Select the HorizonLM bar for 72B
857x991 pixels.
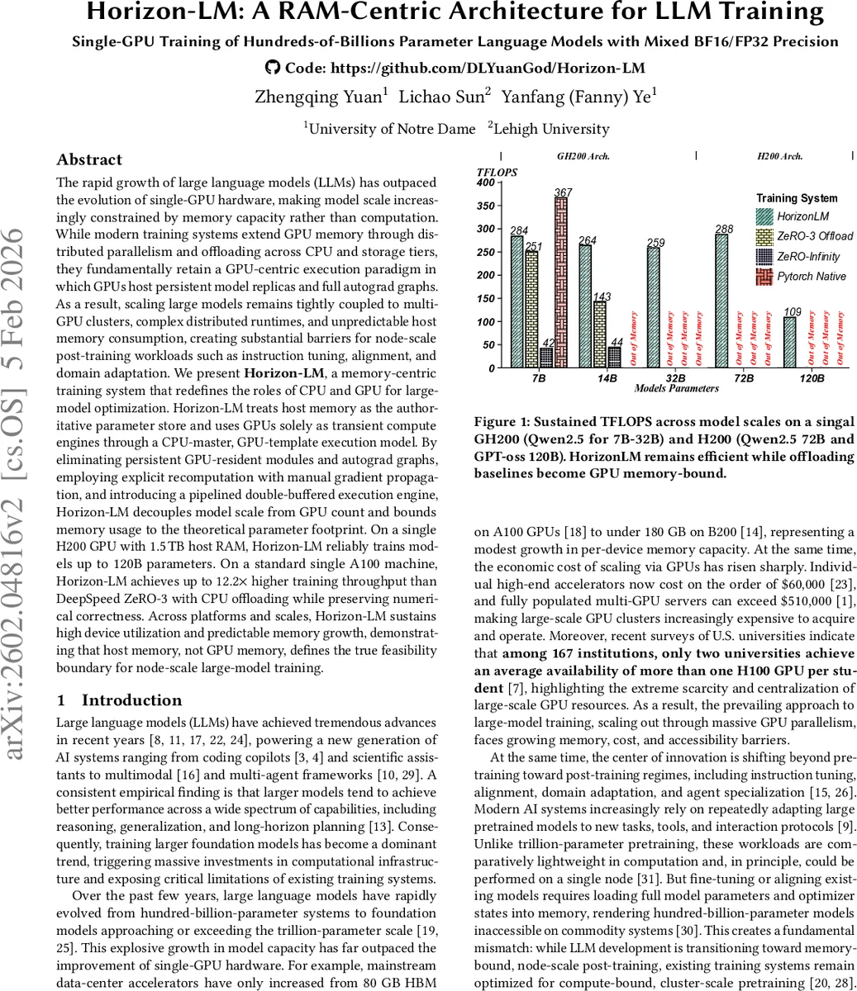(x=721, y=301)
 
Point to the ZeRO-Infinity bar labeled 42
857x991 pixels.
(x=546, y=358)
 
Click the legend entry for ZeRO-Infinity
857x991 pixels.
(x=806, y=256)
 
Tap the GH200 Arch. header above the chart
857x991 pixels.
(x=583, y=155)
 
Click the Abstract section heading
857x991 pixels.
(x=89, y=159)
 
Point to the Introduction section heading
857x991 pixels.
(x=131, y=700)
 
